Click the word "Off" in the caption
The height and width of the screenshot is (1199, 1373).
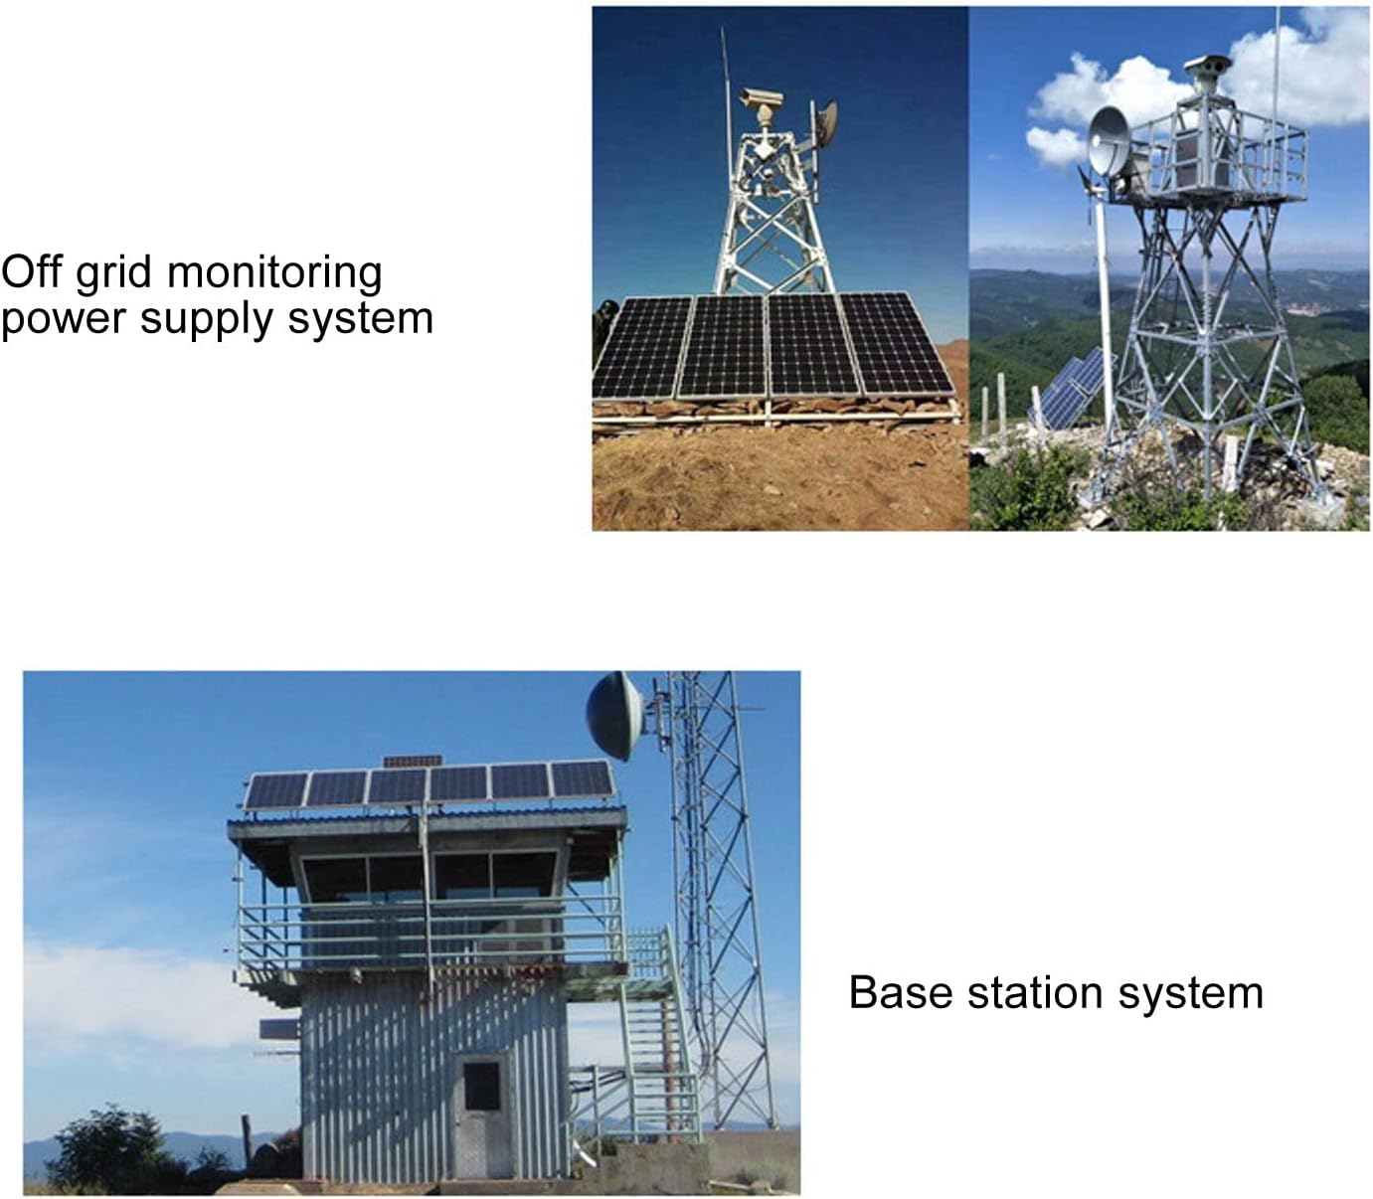pyautogui.click(x=32, y=271)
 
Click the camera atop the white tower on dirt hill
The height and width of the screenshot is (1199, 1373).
pyautogui.click(x=763, y=101)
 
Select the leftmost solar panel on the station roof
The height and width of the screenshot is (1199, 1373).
pyautogui.click(x=275, y=791)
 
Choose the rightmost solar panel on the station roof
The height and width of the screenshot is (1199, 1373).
pyautogui.click(x=582, y=778)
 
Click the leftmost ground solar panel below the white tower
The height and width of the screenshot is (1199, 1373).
pyautogui.click(x=643, y=347)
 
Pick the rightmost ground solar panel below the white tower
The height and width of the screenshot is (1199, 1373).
pyautogui.click(x=895, y=344)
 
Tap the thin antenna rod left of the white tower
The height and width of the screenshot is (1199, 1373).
pyautogui.click(x=726, y=114)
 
